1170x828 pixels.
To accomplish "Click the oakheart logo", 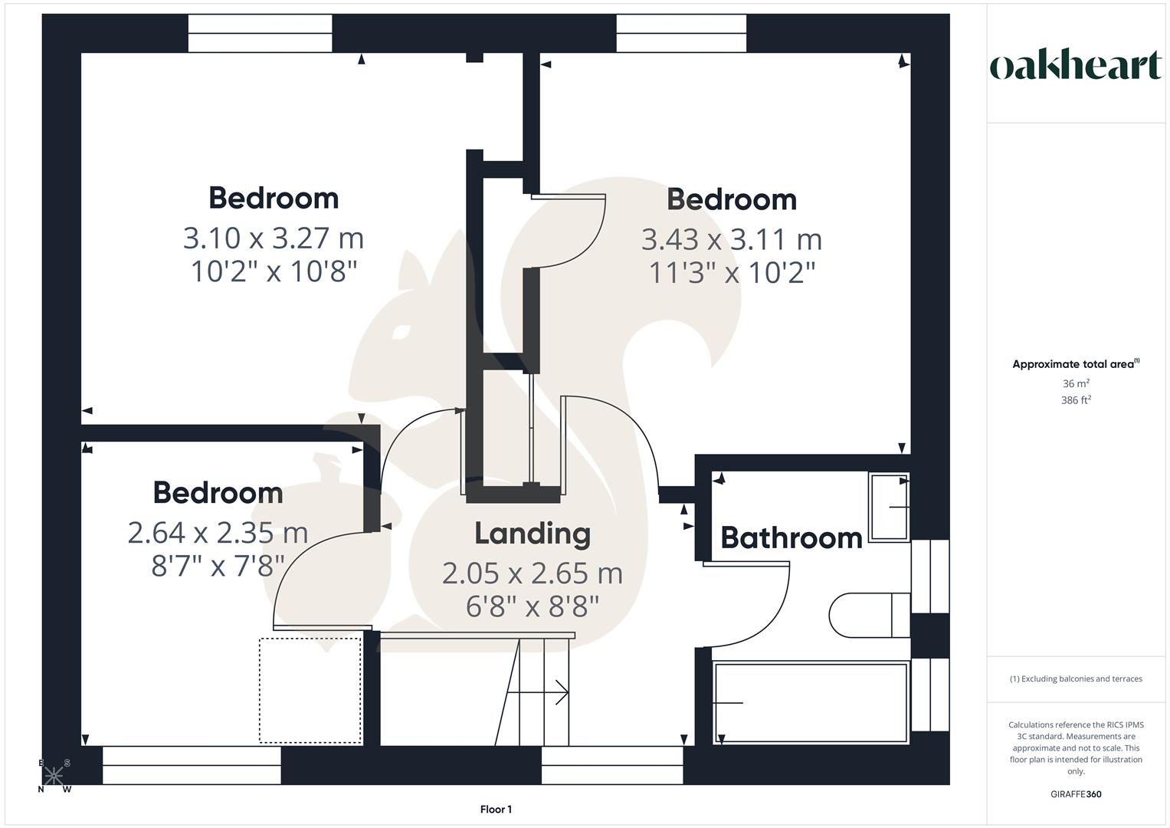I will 1075,66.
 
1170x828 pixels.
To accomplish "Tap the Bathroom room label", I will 791,537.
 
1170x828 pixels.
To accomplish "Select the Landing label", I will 533,533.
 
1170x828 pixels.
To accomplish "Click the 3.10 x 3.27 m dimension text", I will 274,238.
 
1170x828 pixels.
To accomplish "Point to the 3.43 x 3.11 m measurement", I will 732,239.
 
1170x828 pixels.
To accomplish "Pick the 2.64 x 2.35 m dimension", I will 218,532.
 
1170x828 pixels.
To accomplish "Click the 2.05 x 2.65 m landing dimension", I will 533,573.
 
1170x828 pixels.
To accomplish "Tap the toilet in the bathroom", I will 870,614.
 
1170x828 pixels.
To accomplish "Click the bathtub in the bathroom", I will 811,702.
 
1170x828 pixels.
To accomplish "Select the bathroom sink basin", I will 889,507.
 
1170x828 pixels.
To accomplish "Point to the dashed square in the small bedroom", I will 310,690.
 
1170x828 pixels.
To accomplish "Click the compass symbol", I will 54,776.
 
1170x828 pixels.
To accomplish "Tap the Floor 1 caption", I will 496,809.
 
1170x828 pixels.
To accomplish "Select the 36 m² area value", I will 1076,383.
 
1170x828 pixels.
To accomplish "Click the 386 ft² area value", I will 1076,400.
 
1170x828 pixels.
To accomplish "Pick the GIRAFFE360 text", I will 1076,794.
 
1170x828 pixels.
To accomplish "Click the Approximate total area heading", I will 1075,364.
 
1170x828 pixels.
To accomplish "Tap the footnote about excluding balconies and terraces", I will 1076,678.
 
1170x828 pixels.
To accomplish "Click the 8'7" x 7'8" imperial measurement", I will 218,566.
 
